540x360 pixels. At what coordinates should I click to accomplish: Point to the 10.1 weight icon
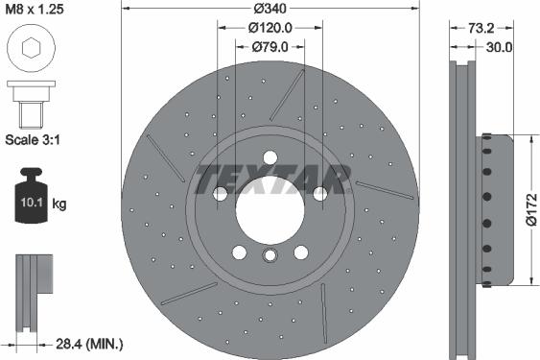pyautogui.click(x=30, y=199)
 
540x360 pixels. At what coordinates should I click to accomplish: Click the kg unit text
pyautogui.click(x=60, y=204)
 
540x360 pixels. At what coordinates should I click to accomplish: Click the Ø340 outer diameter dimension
pyautogui.click(x=270, y=10)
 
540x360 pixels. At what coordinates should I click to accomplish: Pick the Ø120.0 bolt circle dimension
pyautogui.click(x=270, y=29)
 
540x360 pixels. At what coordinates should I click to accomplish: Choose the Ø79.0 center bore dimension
pyautogui.click(x=270, y=47)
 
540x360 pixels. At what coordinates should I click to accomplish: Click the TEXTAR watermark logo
pyautogui.click(x=270, y=180)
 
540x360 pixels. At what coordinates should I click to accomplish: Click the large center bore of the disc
pyautogui.click(x=270, y=207)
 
